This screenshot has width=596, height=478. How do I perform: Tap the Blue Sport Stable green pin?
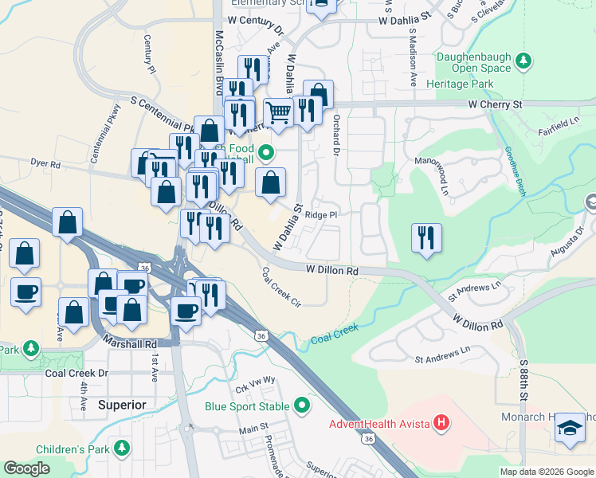point(302,406)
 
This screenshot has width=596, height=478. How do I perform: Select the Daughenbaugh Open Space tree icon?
point(523,61)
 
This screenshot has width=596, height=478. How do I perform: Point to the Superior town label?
point(122,405)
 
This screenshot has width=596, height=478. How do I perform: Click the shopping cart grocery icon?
point(278,113)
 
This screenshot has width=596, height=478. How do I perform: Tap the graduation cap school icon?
point(570,428)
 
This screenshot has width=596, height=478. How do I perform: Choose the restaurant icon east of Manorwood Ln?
point(426,238)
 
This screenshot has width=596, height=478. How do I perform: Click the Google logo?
point(26,468)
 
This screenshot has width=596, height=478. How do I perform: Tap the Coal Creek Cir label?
point(280,287)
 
